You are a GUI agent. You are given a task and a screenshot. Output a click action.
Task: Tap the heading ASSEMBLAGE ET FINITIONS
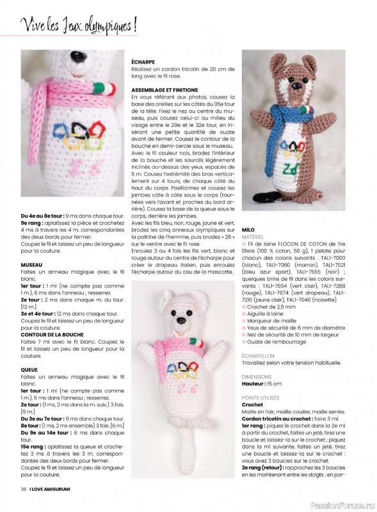[164, 90]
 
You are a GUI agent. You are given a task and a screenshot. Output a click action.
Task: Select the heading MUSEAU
[32, 264]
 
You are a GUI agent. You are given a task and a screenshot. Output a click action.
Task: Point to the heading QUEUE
[29, 369]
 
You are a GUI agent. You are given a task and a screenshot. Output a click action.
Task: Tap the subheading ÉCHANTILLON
[258, 355]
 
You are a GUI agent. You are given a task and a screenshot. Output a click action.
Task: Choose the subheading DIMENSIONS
[257, 377]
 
